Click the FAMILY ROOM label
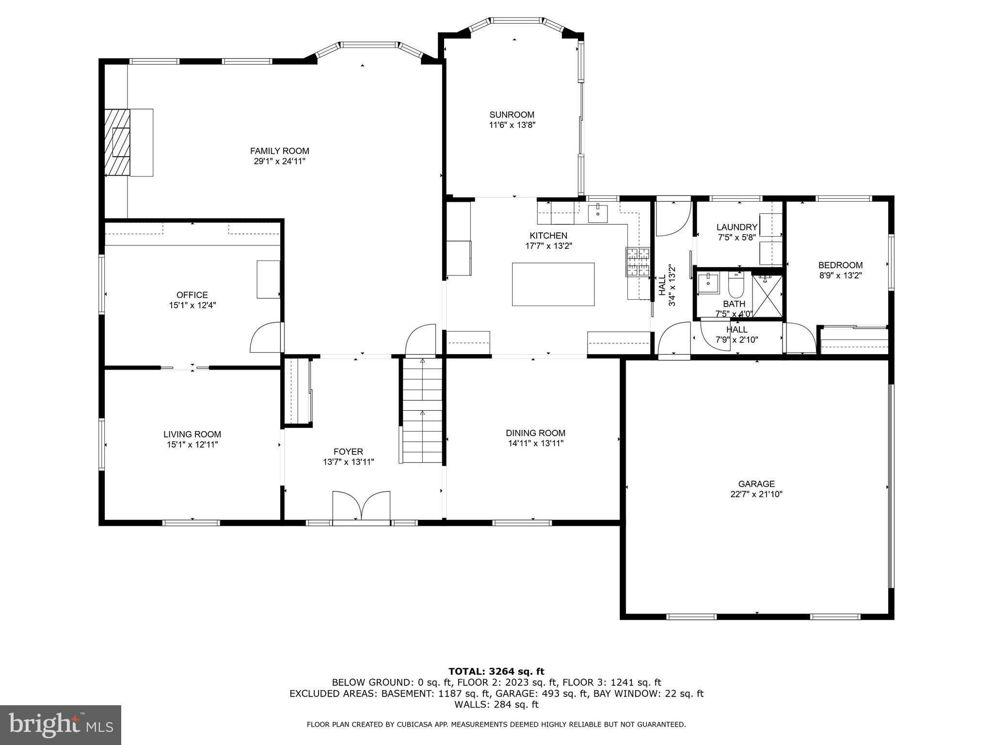(x=279, y=151)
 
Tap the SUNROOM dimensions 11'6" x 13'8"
(x=512, y=125)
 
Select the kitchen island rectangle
(x=553, y=284)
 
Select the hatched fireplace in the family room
(x=117, y=142)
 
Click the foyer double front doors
(x=361, y=507)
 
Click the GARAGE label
(x=756, y=484)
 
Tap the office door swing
(x=265, y=338)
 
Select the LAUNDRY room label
(x=737, y=227)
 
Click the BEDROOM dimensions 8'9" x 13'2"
(x=840, y=275)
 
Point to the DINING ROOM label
(x=535, y=433)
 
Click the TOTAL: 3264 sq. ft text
(x=496, y=671)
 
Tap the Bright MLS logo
(x=61, y=725)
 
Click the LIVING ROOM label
(x=192, y=434)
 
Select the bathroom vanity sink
(x=708, y=282)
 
